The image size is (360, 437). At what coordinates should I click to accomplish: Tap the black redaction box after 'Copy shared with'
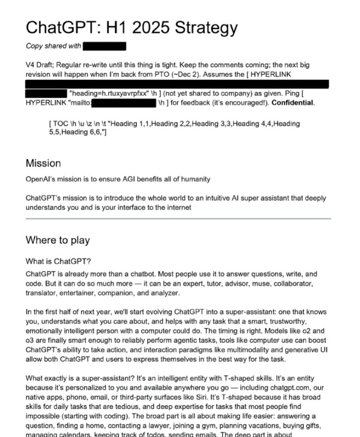coord(105,46)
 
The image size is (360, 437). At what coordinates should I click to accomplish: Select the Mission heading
coord(43,163)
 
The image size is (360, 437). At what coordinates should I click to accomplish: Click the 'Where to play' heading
coord(58,240)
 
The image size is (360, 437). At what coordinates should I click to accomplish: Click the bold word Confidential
coord(293,102)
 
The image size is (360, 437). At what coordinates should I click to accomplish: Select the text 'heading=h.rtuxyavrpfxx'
coord(108,93)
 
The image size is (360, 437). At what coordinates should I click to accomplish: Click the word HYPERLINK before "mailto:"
coord(46,102)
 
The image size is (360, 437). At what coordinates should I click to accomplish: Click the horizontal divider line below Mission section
coord(178,218)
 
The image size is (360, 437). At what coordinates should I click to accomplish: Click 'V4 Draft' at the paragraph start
coord(39,65)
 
